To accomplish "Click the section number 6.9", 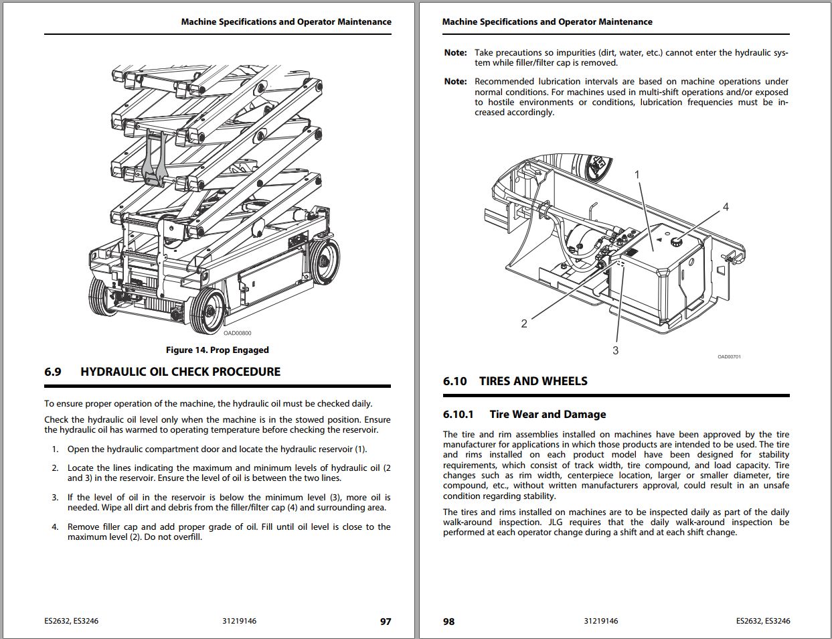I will point(53,372).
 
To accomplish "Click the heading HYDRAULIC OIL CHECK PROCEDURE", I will point(180,372).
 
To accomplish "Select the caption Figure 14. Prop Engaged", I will point(217,350).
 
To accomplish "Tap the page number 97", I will point(386,622).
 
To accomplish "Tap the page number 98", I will point(448,622).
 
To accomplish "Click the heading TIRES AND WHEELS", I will point(533,381).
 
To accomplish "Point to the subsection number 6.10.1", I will point(458,415).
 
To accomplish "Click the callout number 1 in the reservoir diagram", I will point(637,175).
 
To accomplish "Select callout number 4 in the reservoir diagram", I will point(726,207).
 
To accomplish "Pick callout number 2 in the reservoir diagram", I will point(524,324).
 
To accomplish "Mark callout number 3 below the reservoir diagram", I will point(615,350).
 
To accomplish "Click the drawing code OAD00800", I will point(238,333).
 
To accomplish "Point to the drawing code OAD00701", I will point(729,356).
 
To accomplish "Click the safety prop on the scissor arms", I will point(155,158).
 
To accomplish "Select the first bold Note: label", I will point(455,52).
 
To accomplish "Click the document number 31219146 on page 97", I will point(239,621).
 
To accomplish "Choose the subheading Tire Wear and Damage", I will point(548,415).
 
